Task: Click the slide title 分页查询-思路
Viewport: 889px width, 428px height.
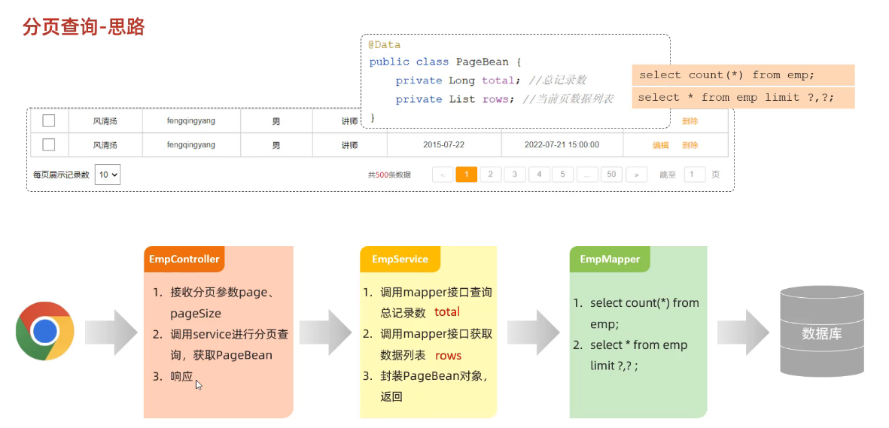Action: pos(84,26)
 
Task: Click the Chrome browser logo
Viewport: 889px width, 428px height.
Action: pos(45,331)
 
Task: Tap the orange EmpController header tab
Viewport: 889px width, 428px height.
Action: pos(184,259)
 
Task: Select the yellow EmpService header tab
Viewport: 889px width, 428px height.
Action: pos(400,259)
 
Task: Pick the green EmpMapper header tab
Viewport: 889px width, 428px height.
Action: pos(610,259)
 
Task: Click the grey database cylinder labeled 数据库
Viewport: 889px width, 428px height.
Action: pos(821,331)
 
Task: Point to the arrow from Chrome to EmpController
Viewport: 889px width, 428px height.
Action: pos(111,332)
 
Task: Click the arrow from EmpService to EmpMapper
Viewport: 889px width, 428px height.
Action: pos(534,332)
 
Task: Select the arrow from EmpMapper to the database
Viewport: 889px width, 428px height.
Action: pos(743,332)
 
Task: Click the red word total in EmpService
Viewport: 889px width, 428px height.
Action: pos(447,312)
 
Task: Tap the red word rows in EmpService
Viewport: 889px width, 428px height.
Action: pos(448,356)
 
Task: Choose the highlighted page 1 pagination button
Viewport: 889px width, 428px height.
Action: pos(467,175)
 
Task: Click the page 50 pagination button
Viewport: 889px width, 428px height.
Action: pos(611,175)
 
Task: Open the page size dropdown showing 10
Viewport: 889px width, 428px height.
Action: pos(108,175)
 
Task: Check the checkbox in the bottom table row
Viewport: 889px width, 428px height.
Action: pos(49,145)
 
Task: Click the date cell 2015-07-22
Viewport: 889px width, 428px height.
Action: pos(443,145)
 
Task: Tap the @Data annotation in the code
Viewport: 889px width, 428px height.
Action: pos(385,45)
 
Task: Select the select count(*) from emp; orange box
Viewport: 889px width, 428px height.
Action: pos(743,74)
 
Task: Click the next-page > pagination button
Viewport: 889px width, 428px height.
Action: pos(637,175)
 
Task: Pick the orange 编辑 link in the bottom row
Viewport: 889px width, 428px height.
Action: pos(660,145)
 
